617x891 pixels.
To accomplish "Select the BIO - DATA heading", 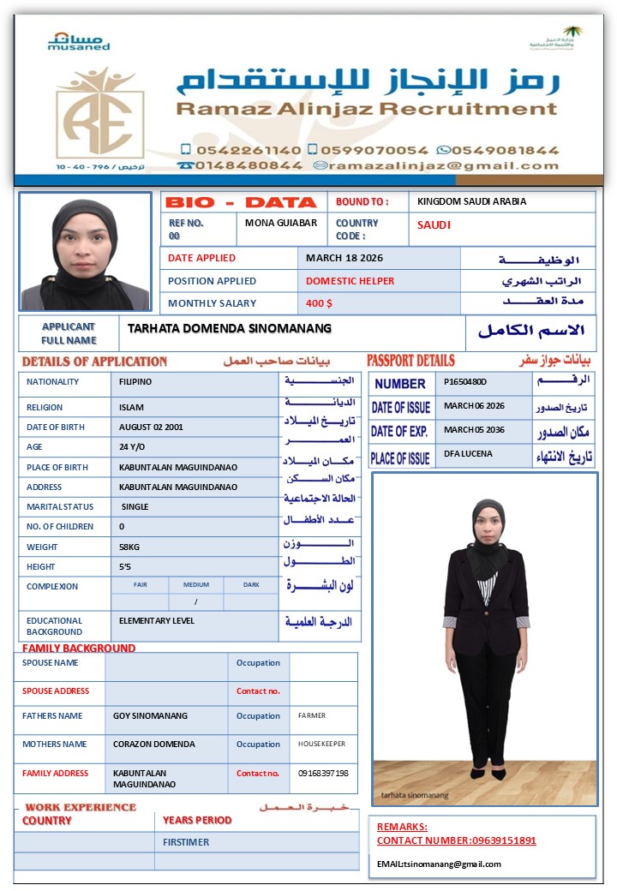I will (x=240, y=202).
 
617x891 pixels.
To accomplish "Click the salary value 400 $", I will (x=319, y=303).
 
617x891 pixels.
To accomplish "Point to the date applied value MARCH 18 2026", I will (x=344, y=258).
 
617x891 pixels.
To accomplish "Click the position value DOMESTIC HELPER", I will (x=350, y=281).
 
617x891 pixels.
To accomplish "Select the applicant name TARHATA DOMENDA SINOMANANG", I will (x=230, y=328).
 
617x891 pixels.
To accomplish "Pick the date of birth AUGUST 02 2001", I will (x=152, y=427).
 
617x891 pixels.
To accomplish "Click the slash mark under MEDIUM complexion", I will (x=196, y=601).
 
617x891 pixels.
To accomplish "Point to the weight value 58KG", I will (x=131, y=547).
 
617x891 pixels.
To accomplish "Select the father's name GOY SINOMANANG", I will (x=150, y=715).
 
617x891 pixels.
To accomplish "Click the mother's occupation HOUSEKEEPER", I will (x=321, y=744).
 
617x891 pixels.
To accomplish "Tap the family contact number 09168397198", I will (x=323, y=773).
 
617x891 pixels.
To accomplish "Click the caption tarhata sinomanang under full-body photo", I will (x=415, y=795).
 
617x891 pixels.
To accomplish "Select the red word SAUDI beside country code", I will (x=434, y=225).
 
